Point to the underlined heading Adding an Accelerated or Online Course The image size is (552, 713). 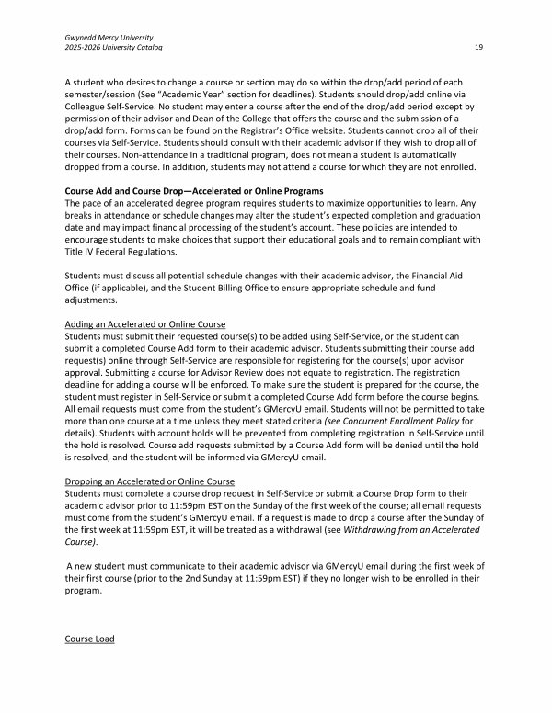[146, 324]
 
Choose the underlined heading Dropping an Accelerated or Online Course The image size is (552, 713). [150, 481]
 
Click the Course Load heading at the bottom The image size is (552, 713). [90, 639]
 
